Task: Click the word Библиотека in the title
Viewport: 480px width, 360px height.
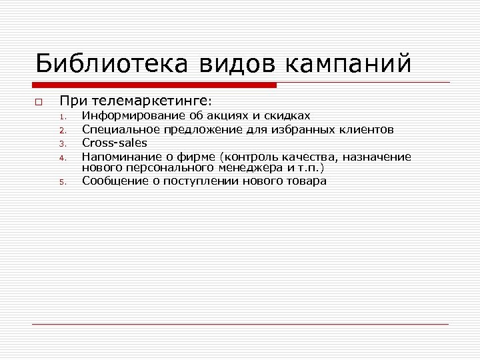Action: (x=111, y=65)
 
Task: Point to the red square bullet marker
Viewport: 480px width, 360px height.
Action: (x=39, y=103)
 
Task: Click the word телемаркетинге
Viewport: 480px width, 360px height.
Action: (x=150, y=101)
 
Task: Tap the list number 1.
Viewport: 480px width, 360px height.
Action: (x=61, y=118)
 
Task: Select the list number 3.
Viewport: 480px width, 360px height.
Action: (x=61, y=144)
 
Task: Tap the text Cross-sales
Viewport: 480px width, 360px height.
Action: (x=115, y=143)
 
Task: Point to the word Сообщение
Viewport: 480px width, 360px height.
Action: (x=115, y=181)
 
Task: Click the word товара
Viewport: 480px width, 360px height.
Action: (x=308, y=181)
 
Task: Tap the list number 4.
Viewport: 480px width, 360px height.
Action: (x=61, y=158)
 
